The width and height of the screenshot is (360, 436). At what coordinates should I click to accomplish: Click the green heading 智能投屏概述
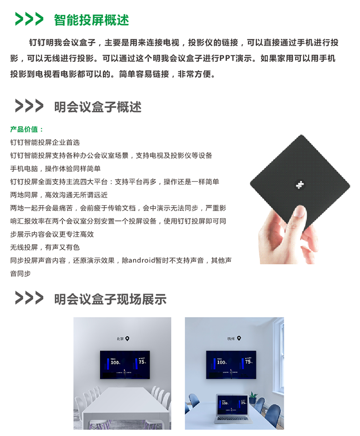pyautogui.click(x=91, y=20)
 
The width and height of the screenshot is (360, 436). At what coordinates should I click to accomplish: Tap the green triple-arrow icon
pyautogui.click(x=29, y=19)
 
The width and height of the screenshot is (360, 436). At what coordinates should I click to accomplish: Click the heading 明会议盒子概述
pyautogui.click(x=97, y=107)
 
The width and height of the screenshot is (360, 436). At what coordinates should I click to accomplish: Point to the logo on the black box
pyautogui.click(x=300, y=185)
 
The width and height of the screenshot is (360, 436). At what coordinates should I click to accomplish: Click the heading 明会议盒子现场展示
pyautogui.click(x=110, y=299)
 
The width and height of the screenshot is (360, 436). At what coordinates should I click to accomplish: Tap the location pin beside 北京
pyautogui.click(x=127, y=339)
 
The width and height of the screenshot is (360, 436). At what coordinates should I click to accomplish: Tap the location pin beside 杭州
pyautogui.click(x=239, y=339)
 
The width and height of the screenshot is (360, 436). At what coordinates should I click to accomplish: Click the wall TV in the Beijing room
pyautogui.click(x=125, y=365)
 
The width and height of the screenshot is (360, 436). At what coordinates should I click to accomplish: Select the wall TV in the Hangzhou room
pyautogui.click(x=231, y=365)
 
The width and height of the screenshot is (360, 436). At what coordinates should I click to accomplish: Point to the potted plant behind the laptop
pyautogui.click(x=253, y=398)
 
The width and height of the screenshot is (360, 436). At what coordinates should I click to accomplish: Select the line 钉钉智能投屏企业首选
pyautogui.click(x=45, y=142)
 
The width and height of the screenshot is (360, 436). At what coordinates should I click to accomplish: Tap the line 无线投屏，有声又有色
pyautogui.click(x=45, y=247)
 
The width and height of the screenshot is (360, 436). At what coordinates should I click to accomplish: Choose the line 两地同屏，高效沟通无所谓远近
pyautogui.click(x=59, y=195)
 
